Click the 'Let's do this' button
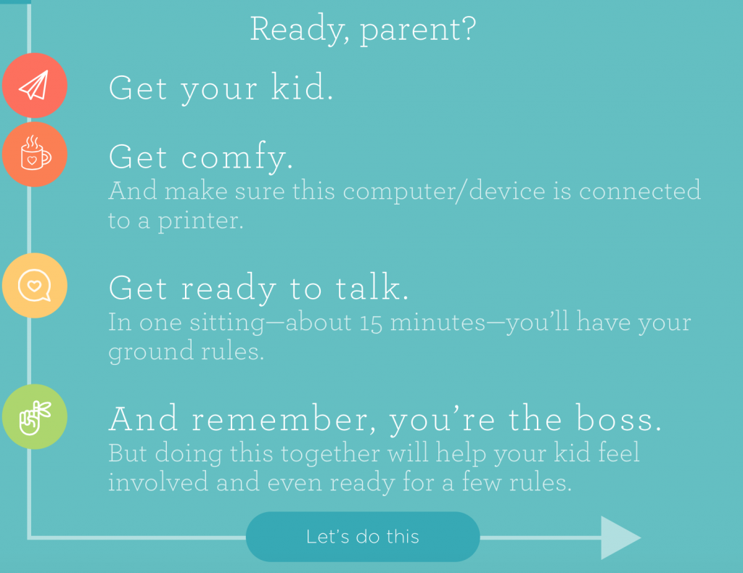363,537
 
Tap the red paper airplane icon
35,86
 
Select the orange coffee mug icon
35,154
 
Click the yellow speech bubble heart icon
35,286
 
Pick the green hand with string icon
35,417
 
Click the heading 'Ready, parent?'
363,29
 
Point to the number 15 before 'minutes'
371,323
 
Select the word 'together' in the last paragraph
330,453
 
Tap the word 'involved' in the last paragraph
158,482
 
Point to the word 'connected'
640,191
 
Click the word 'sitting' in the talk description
227,323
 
